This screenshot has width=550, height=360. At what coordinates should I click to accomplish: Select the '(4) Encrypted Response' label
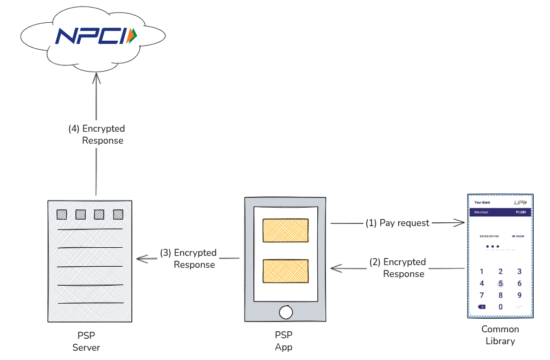coord(97,134)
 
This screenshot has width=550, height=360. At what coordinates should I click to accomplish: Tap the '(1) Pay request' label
coord(397,223)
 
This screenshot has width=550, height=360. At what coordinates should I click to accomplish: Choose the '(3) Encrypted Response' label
coord(188,259)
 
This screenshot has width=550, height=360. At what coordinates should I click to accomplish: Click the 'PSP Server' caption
coord(86,341)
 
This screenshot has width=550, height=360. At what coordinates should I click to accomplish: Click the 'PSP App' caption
coord(284,341)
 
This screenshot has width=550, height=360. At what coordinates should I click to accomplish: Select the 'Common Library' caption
coord(500,335)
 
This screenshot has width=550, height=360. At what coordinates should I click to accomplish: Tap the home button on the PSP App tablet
coord(285,312)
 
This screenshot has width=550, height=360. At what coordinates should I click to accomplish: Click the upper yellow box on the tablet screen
coord(285,230)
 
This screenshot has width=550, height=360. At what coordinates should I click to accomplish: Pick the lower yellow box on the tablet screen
coord(285,271)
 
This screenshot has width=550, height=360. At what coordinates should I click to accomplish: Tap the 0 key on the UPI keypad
coord(501,307)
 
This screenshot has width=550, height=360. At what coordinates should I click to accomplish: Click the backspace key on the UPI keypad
coord(482,307)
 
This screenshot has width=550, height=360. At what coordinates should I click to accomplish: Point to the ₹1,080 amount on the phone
coord(520,213)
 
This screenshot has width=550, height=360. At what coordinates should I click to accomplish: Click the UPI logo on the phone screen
coord(520,202)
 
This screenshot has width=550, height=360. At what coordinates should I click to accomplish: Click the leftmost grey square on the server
coord(62,214)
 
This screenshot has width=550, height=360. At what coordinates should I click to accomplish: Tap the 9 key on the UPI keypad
coord(519,295)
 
